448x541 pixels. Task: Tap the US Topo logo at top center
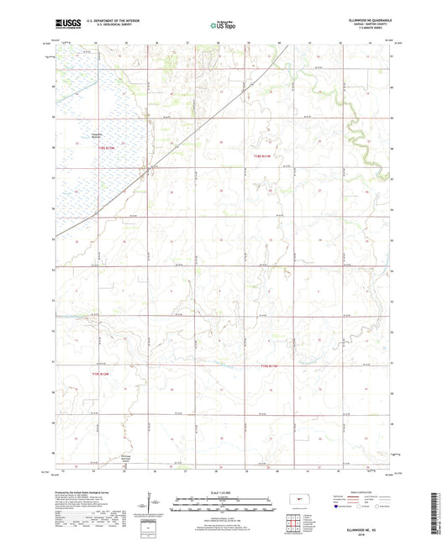coord(223,25)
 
